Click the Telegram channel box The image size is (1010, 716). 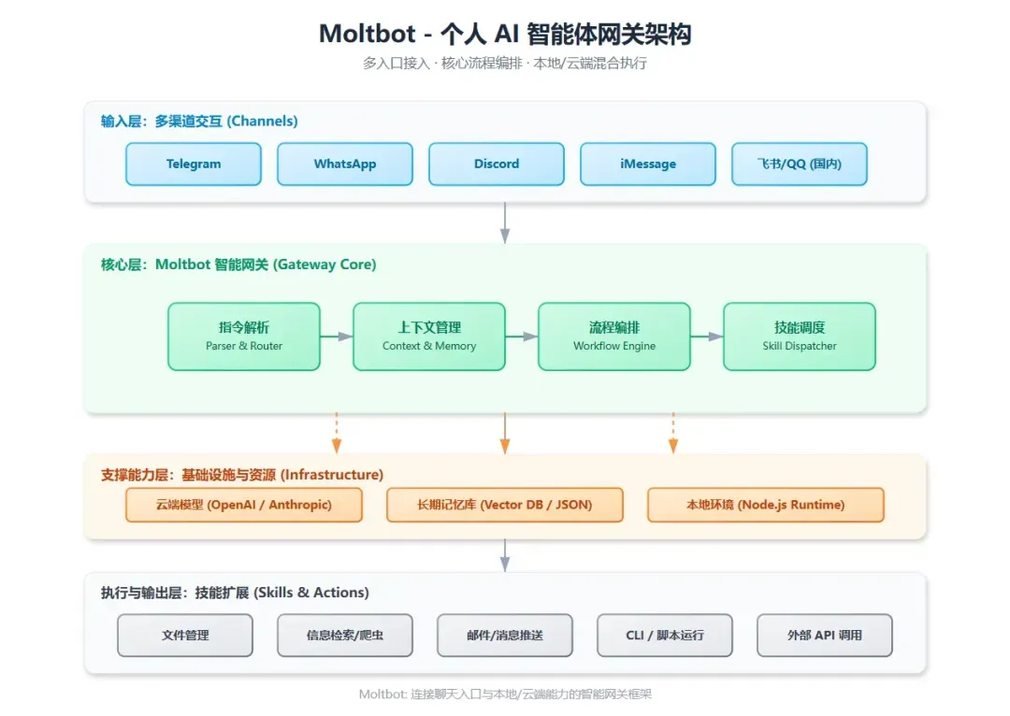click(x=194, y=164)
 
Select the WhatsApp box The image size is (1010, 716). click(x=345, y=164)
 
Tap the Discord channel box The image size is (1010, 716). click(x=497, y=164)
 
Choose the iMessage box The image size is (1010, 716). click(x=648, y=164)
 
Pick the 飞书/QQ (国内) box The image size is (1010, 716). click(x=800, y=164)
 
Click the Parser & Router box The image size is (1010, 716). click(x=244, y=336)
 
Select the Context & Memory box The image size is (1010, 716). click(x=429, y=336)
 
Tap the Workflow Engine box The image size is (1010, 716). click(x=614, y=336)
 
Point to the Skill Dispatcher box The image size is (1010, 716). click(x=800, y=336)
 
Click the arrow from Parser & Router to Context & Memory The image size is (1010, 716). click(x=337, y=337)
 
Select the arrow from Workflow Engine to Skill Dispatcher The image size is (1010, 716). click(x=707, y=337)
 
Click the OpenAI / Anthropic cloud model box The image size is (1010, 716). click(x=244, y=505)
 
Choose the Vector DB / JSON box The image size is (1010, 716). click(x=504, y=505)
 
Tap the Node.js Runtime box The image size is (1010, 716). click(x=765, y=505)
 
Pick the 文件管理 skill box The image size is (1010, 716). click(x=185, y=636)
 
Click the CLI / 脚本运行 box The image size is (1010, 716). click(x=665, y=636)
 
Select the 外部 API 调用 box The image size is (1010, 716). click(x=825, y=636)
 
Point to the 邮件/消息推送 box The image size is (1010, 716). click(x=505, y=636)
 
